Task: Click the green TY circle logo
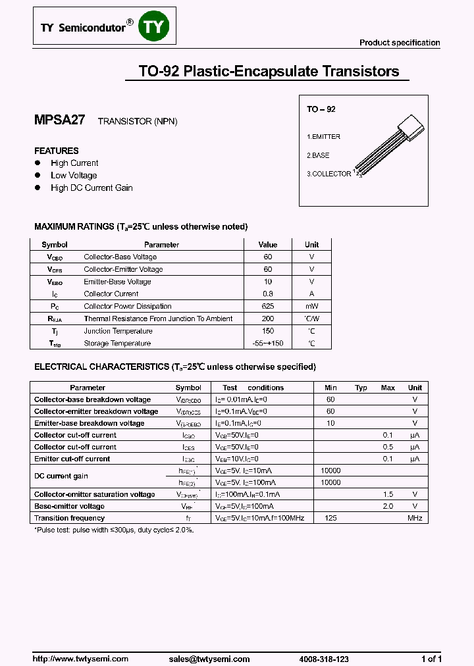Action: click(157, 26)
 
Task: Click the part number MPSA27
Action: click(59, 120)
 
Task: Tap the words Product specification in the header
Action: click(400, 43)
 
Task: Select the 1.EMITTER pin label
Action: click(323, 136)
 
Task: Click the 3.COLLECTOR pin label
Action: click(329, 174)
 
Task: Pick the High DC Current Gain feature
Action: click(92, 188)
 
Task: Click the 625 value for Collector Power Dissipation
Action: click(268, 306)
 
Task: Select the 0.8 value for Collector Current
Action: click(268, 294)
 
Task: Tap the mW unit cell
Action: click(311, 306)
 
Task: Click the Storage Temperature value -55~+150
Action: click(268, 343)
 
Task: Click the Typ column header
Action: click(361, 388)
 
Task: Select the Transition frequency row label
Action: click(69, 518)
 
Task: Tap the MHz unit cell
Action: click(415, 518)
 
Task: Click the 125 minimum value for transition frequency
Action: click(330, 518)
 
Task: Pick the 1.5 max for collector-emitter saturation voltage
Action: click(388, 494)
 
